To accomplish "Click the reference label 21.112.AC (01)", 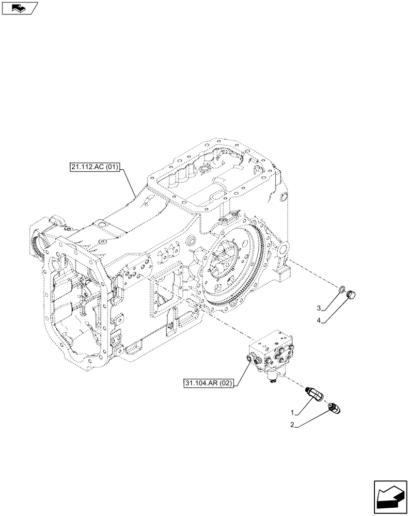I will pyautogui.click(x=95, y=167).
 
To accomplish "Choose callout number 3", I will pyautogui.click(x=320, y=308).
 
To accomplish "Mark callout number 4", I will pyautogui.click(x=320, y=320).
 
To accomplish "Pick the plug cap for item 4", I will pyautogui.click(x=352, y=295).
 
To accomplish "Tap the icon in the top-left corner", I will pyautogui.click(x=20, y=7).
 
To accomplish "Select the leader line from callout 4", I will pyautogui.click(x=336, y=310).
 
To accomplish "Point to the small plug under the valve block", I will pyautogui.click(x=272, y=381).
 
